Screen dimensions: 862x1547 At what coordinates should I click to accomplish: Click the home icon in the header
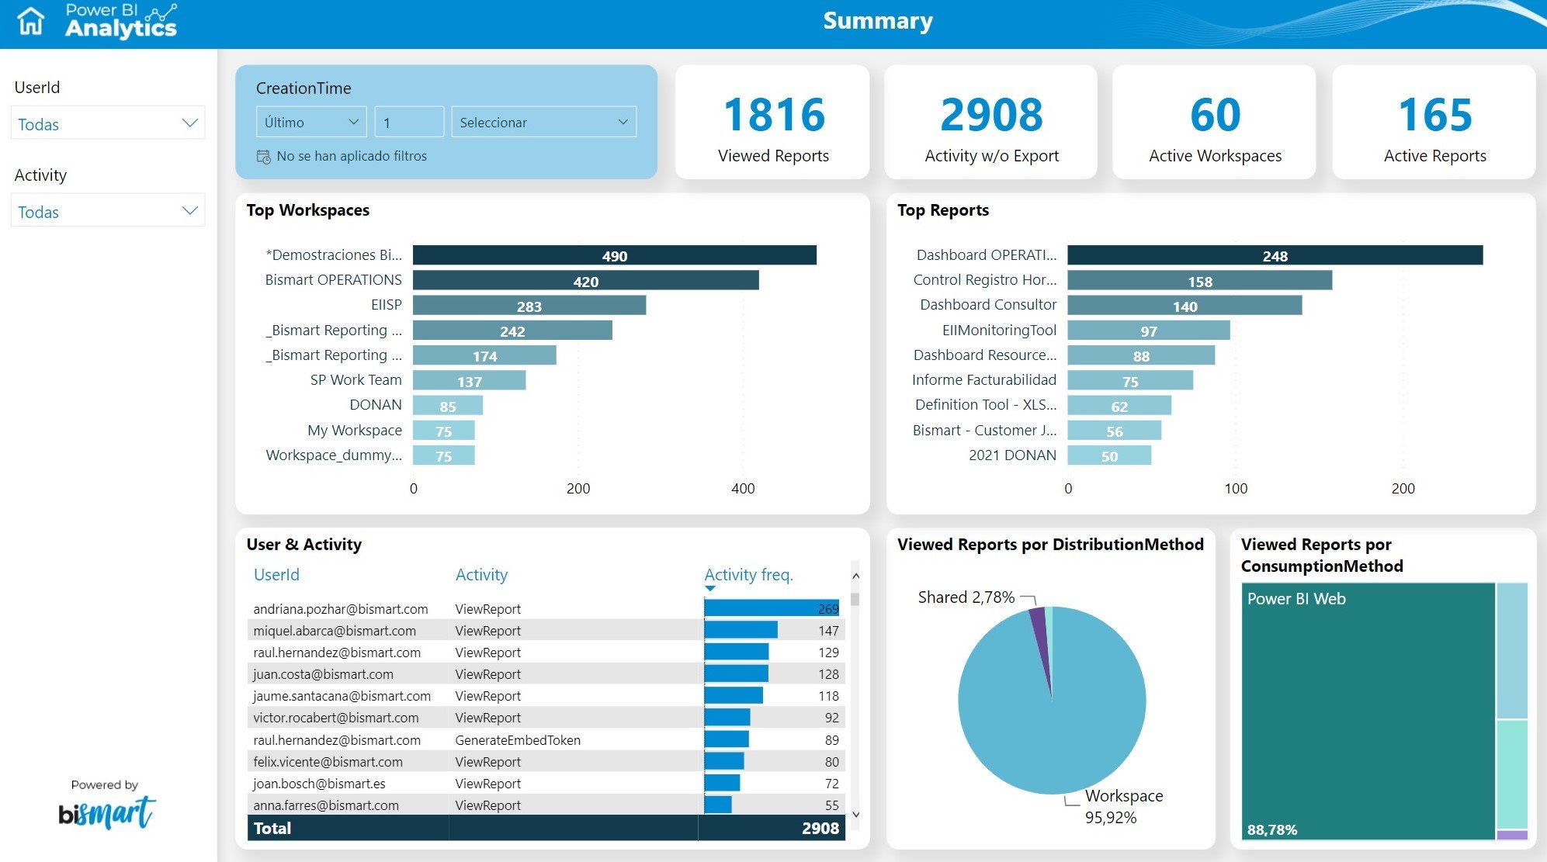click(31, 21)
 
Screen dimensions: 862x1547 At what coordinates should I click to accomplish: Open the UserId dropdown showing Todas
click(108, 123)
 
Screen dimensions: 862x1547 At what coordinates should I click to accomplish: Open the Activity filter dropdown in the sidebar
click(108, 211)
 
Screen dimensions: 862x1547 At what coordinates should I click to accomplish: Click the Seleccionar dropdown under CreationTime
click(543, 122)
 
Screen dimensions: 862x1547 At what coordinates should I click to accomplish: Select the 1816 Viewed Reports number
click(773, 115)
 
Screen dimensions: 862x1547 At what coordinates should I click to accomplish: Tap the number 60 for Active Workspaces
click(1215, 115)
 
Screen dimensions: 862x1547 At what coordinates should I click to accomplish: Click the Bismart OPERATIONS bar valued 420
click(585, 281)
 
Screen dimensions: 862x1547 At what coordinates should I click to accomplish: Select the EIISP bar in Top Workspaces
click(529, 306)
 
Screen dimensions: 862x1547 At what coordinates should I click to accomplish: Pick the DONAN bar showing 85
click(447, 406)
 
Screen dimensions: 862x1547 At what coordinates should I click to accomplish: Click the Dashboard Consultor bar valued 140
click(1184, 306)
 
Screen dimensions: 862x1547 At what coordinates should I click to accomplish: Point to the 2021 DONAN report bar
click(1108, 455)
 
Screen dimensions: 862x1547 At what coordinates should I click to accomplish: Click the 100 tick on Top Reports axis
click(1236, 489)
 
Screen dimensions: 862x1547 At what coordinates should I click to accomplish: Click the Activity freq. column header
click(748, 575)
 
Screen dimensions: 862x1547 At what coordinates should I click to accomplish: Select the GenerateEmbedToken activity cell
click(518, 740)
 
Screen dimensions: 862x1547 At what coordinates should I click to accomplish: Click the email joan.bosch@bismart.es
click(319, 784)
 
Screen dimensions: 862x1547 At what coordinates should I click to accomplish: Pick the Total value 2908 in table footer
click(820, 828)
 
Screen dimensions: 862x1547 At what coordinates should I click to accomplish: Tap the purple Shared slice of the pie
click(1039, 628)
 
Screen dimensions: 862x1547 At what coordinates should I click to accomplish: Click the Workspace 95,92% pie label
click(1122, 806)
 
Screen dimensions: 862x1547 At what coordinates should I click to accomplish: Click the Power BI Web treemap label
click(1296, 599)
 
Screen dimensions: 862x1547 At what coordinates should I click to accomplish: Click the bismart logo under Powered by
click(107, 812)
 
